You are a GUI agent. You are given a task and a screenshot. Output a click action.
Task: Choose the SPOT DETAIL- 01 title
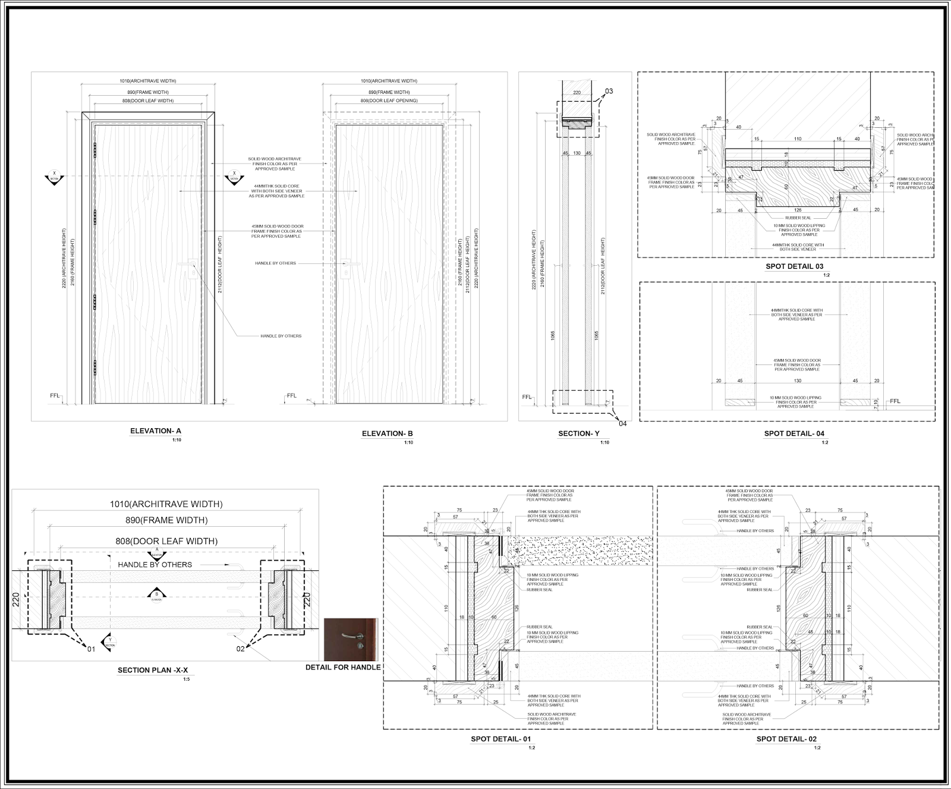500,739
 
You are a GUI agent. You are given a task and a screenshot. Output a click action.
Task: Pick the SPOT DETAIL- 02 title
786,739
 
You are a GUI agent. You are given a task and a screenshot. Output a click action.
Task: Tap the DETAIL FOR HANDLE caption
343,667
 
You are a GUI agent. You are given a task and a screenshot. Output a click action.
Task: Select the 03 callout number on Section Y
609,92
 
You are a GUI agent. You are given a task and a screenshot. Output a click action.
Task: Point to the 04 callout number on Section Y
622,423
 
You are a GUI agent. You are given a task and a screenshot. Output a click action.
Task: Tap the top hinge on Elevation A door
95,150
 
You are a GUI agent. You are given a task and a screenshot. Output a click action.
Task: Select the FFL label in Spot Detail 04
895,401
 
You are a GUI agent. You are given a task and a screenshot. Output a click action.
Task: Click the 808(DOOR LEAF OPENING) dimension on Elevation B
389,101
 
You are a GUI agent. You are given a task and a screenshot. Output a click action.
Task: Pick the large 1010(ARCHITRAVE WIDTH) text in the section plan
166,504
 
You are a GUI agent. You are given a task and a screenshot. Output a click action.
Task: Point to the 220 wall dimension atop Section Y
577,93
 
